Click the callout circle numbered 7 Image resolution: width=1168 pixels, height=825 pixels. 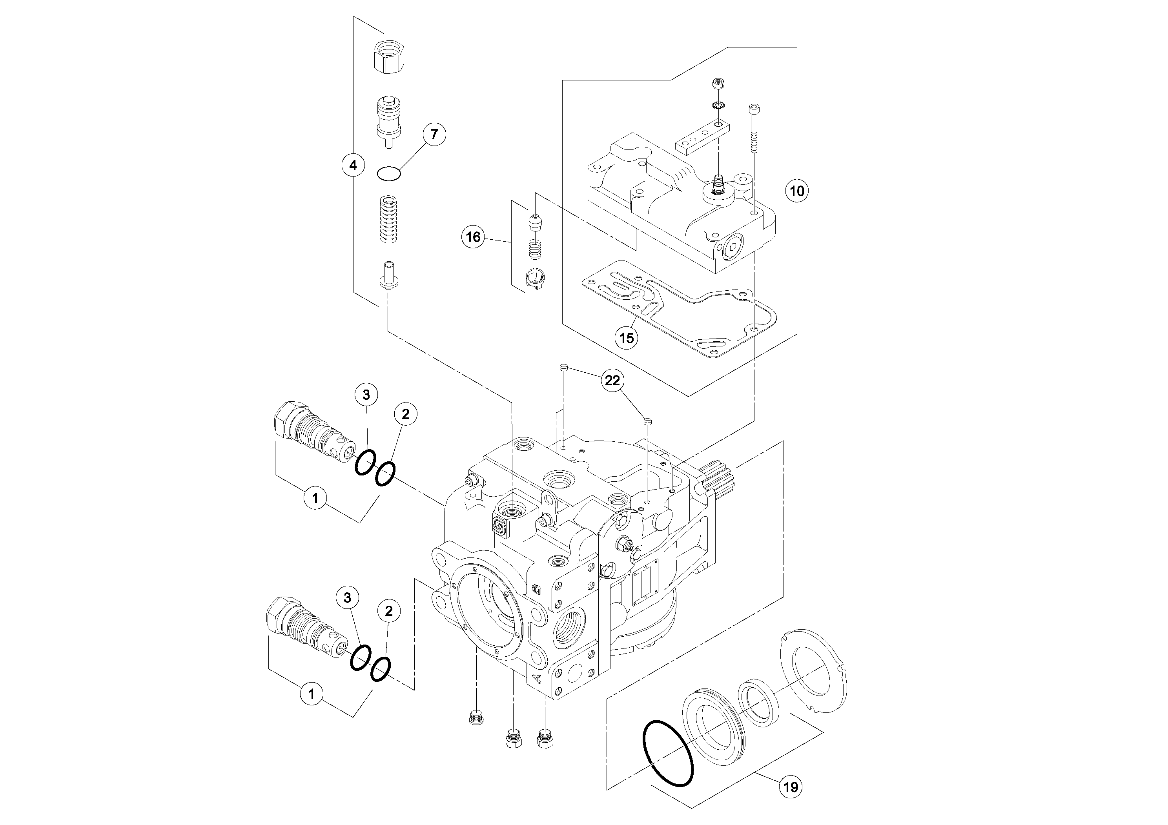(x=434, y=135)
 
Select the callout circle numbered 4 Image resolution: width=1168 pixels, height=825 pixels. (x=353, y=165)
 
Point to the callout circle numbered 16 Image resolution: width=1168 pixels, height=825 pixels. (x=473, y=237)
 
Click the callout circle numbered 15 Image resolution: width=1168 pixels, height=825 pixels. (x=627, y=338)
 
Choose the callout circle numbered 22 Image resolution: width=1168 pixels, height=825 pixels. (x=612, y=380)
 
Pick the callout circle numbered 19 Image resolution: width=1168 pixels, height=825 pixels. (x=791, y=787)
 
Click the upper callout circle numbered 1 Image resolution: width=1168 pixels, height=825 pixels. (x=315, y=497)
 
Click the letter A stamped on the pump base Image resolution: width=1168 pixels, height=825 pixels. (x=535, y=678)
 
